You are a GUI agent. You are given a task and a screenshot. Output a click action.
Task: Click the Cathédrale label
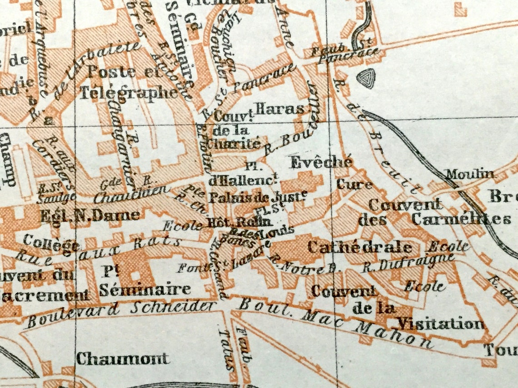click(359, 247)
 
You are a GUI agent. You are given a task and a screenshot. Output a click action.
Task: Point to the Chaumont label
click(123, 359)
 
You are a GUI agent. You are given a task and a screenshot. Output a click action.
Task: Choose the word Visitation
click(441, 324)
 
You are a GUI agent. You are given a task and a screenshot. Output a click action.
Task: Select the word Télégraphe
click(129, 93)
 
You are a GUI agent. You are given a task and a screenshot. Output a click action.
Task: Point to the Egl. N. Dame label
click(90, 215)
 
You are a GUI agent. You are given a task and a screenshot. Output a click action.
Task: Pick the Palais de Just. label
click(256, 198)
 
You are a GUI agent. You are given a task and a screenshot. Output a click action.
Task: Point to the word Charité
click(234, 144)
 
